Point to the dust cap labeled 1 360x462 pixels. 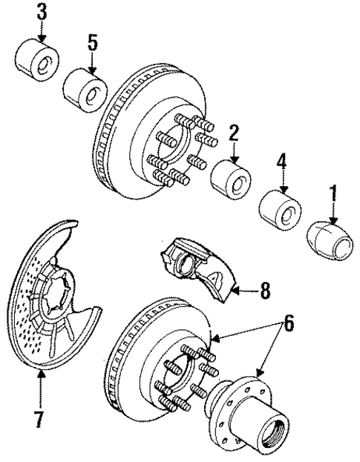click(x=327, y=238)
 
